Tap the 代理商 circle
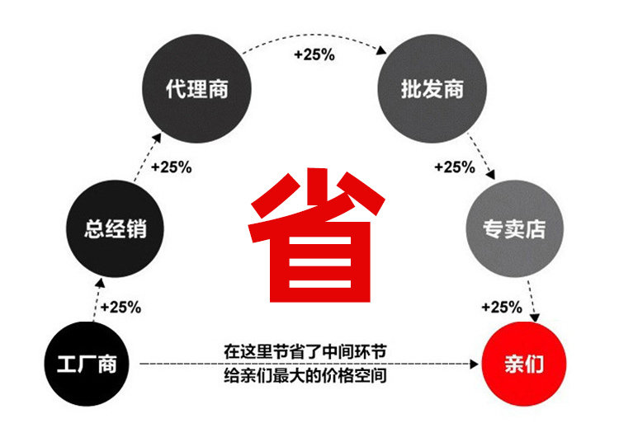click(196, 89)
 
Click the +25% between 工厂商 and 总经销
click(120, 307)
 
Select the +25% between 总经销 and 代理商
click(171, 167)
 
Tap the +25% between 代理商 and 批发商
click(314, 55)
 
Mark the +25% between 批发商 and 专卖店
click(455, 167)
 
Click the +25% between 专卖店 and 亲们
click(502, 307)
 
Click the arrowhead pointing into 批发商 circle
click(382, 51)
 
